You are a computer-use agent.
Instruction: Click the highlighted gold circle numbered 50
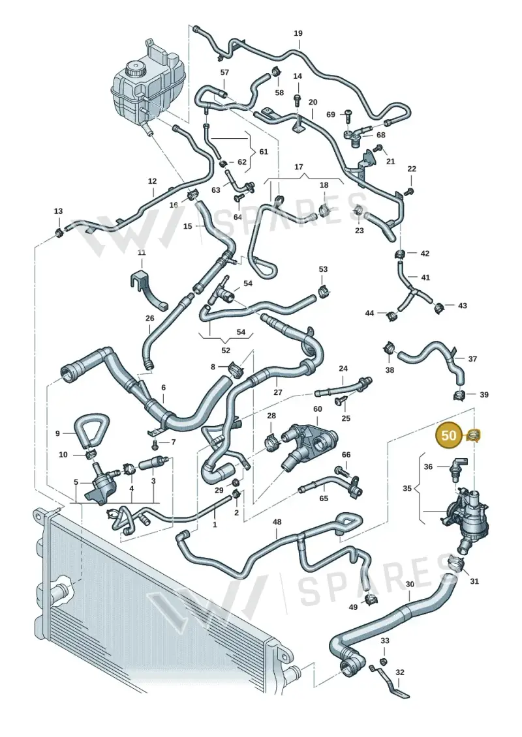[x=448, y=435]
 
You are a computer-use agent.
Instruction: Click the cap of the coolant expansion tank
[x=136, y=70]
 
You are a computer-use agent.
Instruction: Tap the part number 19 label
[x=298, y=33]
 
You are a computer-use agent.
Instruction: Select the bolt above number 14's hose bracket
[x=297, y=100]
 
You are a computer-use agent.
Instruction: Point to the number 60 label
[x=318, y=409]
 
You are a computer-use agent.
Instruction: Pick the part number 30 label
[x=410, y=585]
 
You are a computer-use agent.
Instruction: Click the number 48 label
[x=277, y=522]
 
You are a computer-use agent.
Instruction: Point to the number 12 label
[x=152, y=181]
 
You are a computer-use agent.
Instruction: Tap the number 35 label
[x=407, y=488]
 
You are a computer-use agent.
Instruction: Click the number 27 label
[x=278, y=392]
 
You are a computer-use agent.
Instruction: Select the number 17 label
[x=299, y=167]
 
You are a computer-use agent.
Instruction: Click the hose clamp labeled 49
[x=371, y=600]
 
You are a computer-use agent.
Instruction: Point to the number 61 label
[x=264, y=152]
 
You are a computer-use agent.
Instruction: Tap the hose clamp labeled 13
[x=59, y=232]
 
